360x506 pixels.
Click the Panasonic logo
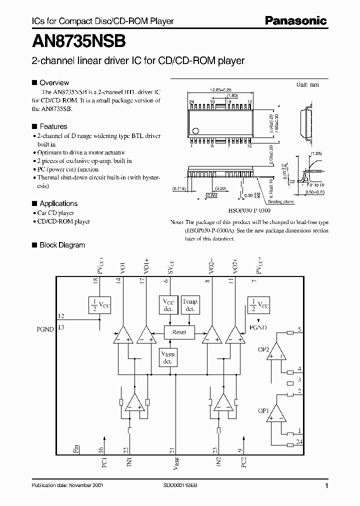click(x=295, y=20)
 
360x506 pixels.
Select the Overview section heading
click(x=54, y=82)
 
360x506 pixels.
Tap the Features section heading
click(x=53, y=126)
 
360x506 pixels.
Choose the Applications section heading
click(x=58, y=203)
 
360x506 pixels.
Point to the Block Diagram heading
click(x=62, y=245)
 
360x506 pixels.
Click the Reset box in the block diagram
click(x=178, y=332)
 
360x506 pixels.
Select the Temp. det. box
click(x=190, y=305)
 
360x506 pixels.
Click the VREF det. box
click(x=168, y=357)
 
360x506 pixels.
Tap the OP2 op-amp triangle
click(x=276, y=352)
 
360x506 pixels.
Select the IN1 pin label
click(x=129, y=461)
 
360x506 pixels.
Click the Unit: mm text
click(x=307, y=84)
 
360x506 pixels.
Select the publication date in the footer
click(x=66, y=486)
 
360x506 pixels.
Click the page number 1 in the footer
click(x=326, y=486)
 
